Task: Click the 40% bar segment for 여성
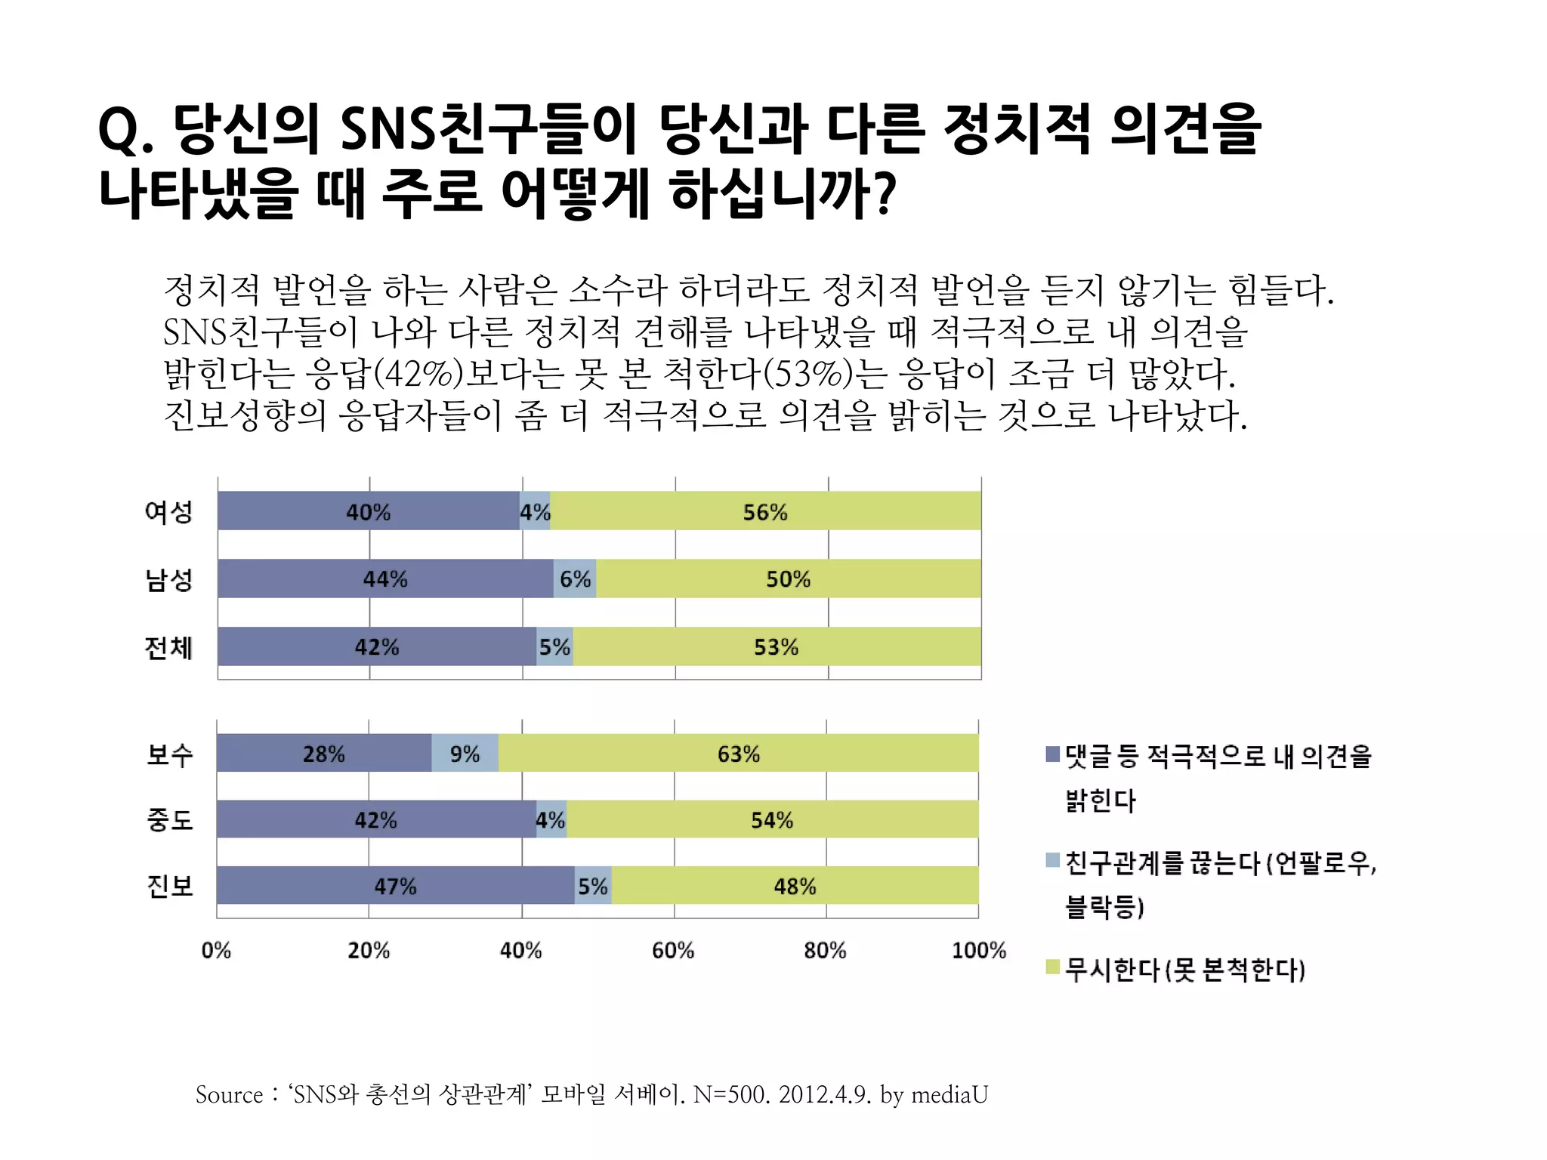coord(368,511)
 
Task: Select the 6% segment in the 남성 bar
coord(575,579)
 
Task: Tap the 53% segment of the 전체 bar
coord(776,647)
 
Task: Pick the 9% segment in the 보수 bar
coord(465,754)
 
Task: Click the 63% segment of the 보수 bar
coord(738,754)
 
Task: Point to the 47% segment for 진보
coord(395,886)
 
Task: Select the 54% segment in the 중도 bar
coord(771,820)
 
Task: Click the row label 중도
coord(170,820)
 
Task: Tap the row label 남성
coord(169,580)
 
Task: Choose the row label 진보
coord(170,886)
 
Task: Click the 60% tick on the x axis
coord(672,951)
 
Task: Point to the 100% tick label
coord(979,951)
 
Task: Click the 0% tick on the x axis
coord(216,951)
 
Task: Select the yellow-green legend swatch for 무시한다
coord(1052,967)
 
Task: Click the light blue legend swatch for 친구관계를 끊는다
coord(1052,860)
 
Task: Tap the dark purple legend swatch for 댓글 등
coord(1052,754)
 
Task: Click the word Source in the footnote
coord(229,1095)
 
